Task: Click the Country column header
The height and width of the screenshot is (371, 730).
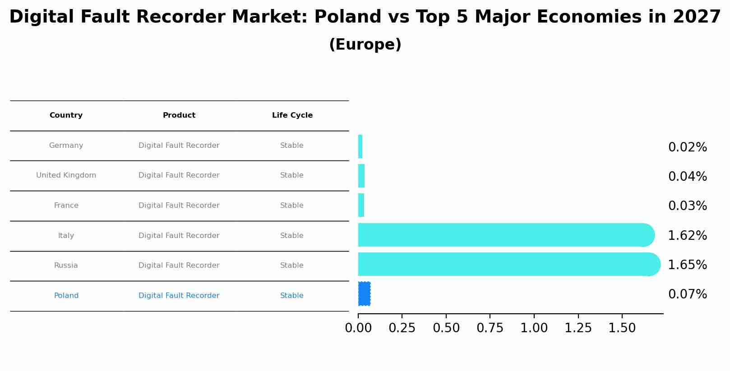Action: (66, 115)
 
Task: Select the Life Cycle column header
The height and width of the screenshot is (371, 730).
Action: (292, 115)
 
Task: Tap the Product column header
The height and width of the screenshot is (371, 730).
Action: (179, 115)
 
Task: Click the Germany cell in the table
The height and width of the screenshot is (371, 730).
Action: (66, 146)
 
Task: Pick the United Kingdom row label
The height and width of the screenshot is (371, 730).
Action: (66, 175)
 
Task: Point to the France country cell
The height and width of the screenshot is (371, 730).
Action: (66, 206)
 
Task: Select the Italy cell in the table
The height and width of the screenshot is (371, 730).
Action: (66, 236)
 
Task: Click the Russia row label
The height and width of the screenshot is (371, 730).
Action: (66, 266)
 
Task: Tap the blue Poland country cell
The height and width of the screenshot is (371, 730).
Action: (66, 296)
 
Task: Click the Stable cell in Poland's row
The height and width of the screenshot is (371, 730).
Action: (291, 296)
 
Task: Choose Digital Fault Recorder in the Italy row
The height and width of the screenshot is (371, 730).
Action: (179, 236)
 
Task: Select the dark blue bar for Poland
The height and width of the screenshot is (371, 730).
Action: (364, 294)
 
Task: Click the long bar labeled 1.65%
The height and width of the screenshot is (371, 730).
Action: (505, 264)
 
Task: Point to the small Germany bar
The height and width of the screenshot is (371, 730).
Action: (360, 147)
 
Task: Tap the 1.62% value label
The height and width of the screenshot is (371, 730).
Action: (687, 236)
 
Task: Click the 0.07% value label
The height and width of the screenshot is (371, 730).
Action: (687, 294)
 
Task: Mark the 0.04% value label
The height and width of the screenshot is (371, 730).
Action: (687, 177)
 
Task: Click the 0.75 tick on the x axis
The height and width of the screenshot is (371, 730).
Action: (490, 328)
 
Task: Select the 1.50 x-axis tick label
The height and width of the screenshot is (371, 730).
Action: (622, 328)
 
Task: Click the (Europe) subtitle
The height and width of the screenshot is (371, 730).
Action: (365, 45)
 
